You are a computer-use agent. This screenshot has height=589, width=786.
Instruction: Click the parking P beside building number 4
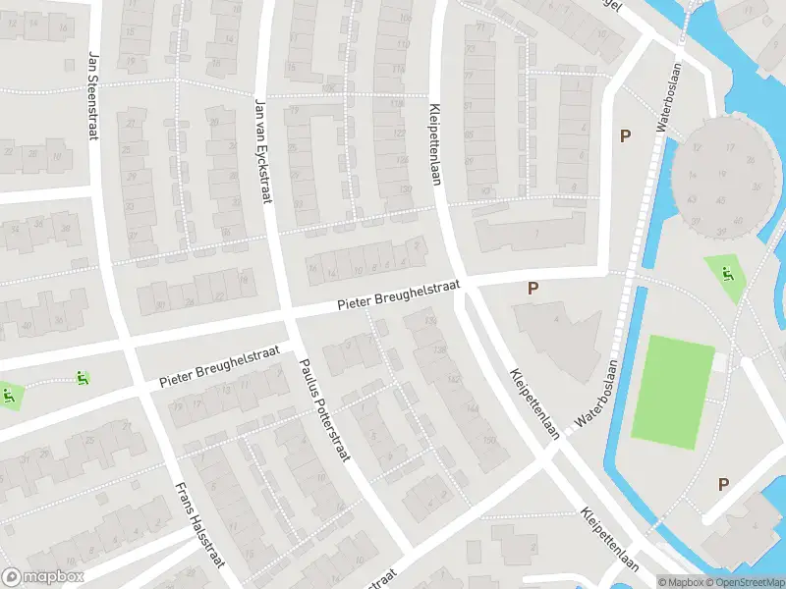[x=533, y=288]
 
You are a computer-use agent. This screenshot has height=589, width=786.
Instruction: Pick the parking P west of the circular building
[x=624, y=136]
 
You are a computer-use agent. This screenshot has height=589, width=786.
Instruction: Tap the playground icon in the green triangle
[x=726, y=274]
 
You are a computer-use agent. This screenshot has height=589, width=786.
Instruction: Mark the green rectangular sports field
[x=672, y=388]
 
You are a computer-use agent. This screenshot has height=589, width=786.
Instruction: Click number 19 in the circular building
[x=722, y=174]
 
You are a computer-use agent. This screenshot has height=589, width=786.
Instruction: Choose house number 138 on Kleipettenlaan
[x=438, y=349]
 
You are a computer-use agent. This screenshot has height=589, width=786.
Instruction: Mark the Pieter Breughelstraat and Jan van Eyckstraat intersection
[x=286, y=321]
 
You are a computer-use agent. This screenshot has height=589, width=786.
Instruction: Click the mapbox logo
[x=43, y=577]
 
